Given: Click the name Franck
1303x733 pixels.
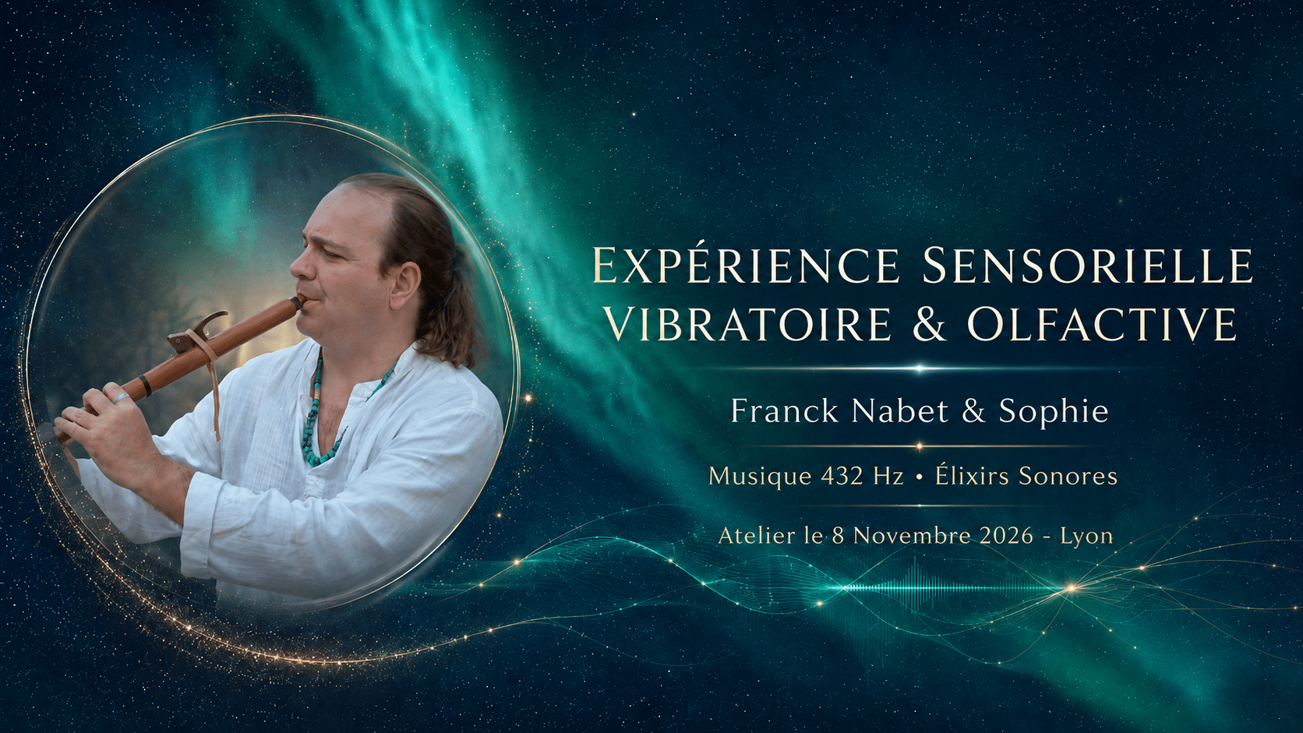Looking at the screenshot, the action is coord(784,411).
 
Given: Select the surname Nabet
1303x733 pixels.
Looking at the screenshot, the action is coord(898,411).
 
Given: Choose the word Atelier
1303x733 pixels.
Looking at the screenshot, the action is coord(749,535).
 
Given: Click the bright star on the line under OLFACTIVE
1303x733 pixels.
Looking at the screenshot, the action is coord(919,368).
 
